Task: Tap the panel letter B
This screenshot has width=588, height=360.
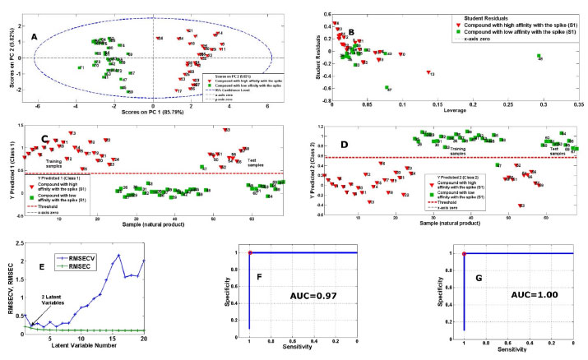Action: [353, 32]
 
